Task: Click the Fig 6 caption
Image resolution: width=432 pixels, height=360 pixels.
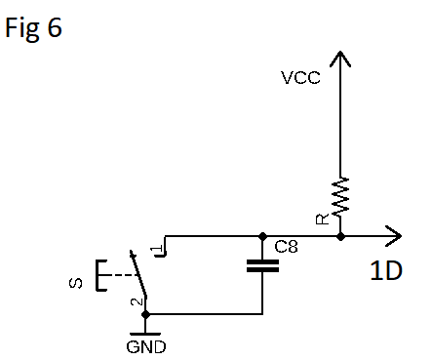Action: pos(34,28)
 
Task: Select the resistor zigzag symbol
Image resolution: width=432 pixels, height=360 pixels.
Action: pos(339,199)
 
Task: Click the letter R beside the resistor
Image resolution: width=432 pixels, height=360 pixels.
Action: pos(322,220)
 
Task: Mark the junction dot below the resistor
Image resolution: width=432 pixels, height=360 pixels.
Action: pos(339,235)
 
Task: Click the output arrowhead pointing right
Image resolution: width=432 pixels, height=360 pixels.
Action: pos(392,235)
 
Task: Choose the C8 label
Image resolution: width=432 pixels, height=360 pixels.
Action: pos(286,248)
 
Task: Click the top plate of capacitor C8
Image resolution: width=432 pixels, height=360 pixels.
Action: pos(262,261)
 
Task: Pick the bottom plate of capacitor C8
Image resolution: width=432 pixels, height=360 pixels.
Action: pos(262,272)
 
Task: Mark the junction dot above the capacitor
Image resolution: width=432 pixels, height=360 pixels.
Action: pos(262,235)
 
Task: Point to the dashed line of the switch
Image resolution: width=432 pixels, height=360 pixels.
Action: pos(120,275)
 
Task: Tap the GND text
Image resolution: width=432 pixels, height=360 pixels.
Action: pos(146,345)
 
